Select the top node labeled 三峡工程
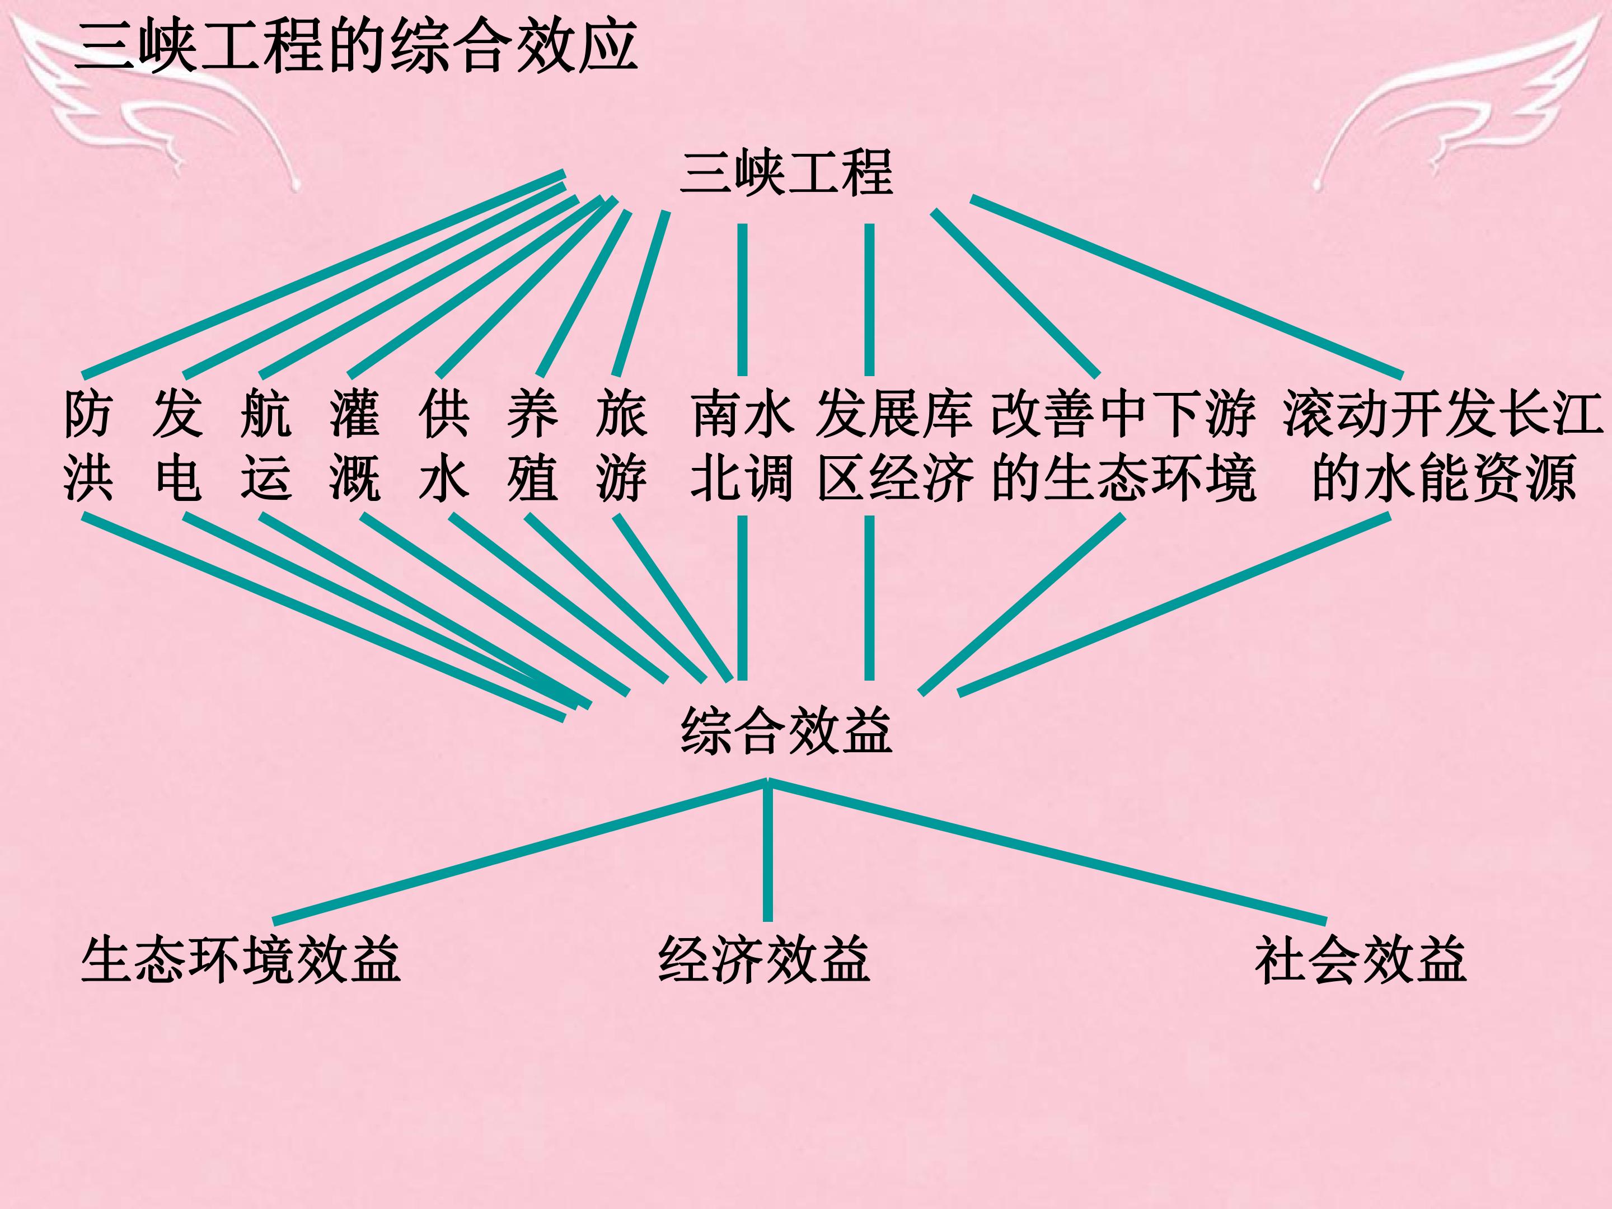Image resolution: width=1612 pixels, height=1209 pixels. [786, 174]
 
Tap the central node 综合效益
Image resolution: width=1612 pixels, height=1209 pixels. [786, 731]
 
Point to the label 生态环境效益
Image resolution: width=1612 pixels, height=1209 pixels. [241, 960]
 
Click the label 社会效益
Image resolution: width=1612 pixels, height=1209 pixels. [1361, 960]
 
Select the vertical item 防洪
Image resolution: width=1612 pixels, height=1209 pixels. [88, 446]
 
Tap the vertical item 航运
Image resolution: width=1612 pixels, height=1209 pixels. [266, 446]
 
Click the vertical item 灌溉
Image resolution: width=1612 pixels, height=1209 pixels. [355, 446]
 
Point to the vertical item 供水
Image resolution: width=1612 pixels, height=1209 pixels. [444, 446]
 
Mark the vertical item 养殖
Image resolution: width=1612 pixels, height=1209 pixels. [533, 446]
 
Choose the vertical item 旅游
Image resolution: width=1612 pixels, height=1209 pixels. [622, 446]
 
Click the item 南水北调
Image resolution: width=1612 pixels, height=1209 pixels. [742, 446]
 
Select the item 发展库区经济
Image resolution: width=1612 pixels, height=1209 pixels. [895, 446]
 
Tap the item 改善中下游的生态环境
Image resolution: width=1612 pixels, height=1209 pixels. [1124, 446]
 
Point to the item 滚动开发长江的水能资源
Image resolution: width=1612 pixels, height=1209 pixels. [1443, 446]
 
